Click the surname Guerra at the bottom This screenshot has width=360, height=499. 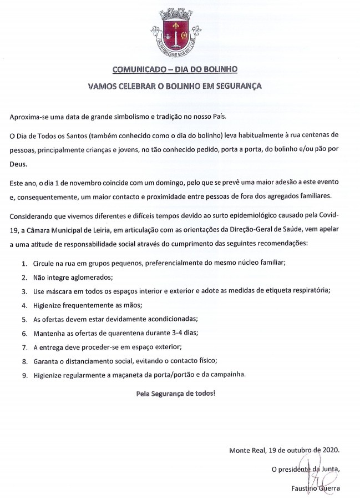(327, 489)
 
